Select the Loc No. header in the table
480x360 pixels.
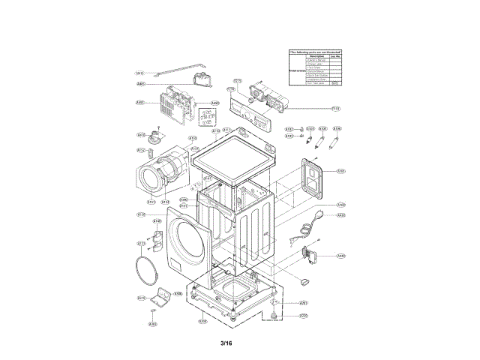(336, 55)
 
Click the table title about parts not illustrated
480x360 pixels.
(315, 50)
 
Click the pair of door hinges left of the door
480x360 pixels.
(157, 239)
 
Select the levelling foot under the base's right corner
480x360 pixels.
(278, 315)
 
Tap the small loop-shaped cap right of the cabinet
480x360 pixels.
(304, 280)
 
